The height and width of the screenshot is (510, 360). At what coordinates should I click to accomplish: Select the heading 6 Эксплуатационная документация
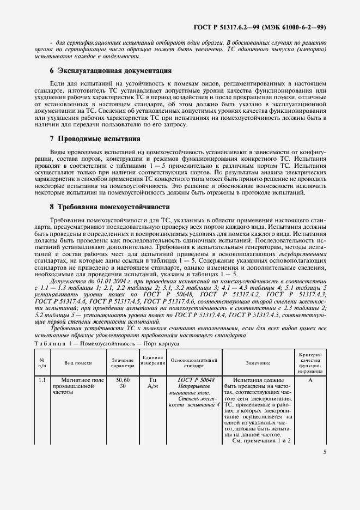[x=111, y=71]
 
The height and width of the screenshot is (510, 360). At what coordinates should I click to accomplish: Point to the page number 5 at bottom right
[x=325, y=452]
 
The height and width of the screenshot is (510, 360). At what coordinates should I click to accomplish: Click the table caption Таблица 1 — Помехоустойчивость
[x=103, y=344]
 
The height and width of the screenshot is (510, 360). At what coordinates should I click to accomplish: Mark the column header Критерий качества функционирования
[x=310, y=362]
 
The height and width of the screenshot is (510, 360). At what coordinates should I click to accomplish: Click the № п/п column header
[x=42, y=362]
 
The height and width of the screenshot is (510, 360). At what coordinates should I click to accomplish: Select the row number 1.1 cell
[x=42, y=380]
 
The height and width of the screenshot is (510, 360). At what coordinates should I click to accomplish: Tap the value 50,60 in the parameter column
[x=123, y=380]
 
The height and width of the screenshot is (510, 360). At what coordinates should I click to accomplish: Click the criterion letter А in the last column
[x=310, y=380]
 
